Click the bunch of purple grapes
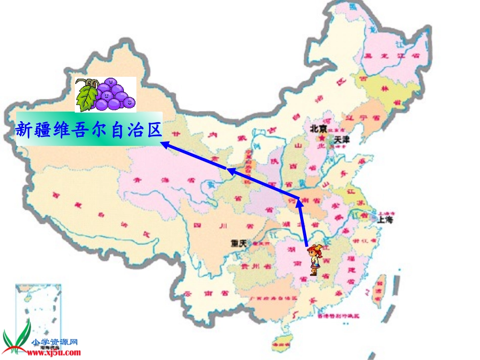115,94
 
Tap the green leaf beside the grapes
86,96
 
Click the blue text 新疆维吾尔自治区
88,130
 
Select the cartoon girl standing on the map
315,260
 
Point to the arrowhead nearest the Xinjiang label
165,145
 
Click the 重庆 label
238,243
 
